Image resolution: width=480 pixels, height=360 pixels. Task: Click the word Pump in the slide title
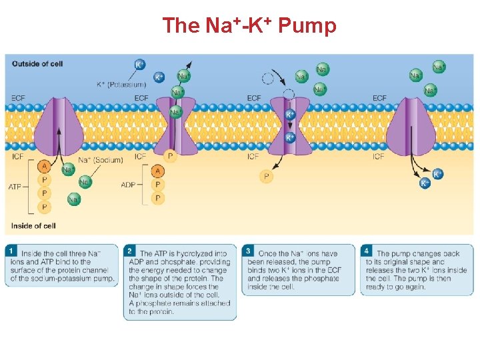click(x=307, y=26)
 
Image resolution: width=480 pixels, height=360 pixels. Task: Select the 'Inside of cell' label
click(x=33, y=225)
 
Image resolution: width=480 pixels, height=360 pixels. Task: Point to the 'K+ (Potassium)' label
click(x=121, y=85)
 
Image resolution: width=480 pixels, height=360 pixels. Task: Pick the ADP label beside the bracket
click(x=130, y=185)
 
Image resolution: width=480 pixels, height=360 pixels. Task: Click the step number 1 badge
click(x=12, y=251)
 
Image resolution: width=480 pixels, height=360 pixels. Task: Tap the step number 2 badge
click(x=130, y=251)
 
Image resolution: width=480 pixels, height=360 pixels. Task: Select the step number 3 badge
click(x=249, y=251)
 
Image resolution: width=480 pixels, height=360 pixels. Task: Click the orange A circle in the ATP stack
click(x=45, y=167)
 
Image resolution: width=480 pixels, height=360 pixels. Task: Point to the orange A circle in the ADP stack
click(x=158, y=171)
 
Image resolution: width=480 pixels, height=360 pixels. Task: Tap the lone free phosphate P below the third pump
click(x=267, y=177)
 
